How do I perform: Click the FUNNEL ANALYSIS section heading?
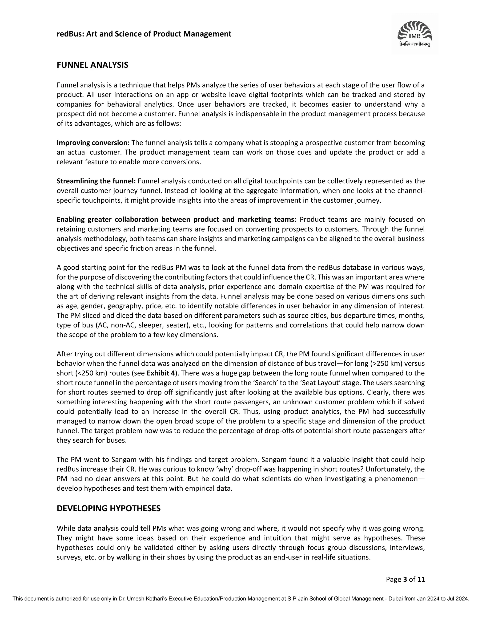pos(92,65)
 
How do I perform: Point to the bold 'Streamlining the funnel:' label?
pos(96,181)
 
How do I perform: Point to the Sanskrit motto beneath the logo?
pos(415,44)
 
